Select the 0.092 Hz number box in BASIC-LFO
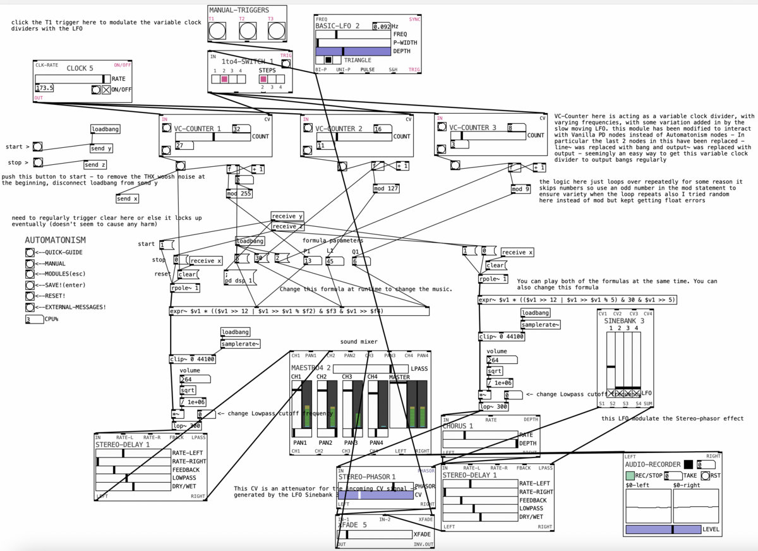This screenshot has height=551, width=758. (x=381, y=27)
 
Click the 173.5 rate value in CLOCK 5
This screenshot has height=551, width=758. (x=45, y=88)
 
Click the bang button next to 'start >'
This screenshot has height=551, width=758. (x=38, y=147)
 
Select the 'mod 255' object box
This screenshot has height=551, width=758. (x=239, y=193)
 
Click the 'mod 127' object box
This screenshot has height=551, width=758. (x=385, y=188)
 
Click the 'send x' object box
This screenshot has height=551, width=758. (x=127, y=198)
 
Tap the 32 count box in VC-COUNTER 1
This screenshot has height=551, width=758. (x=241, y=128)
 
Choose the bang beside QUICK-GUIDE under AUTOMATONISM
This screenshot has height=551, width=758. (x=30, y=252)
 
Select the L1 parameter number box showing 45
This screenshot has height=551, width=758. (x=335, y=260)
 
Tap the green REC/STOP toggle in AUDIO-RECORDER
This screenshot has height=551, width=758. (x=630, y=475)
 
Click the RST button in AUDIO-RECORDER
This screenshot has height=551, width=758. (x=705, y=475)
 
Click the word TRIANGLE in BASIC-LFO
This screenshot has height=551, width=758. (x=358, y=60)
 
